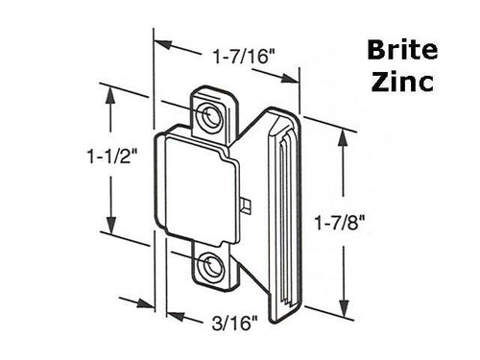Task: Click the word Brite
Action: (404, 52)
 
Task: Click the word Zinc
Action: (404, 82)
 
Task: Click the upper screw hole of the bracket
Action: (208, 114)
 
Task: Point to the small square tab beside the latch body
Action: (249, 205)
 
